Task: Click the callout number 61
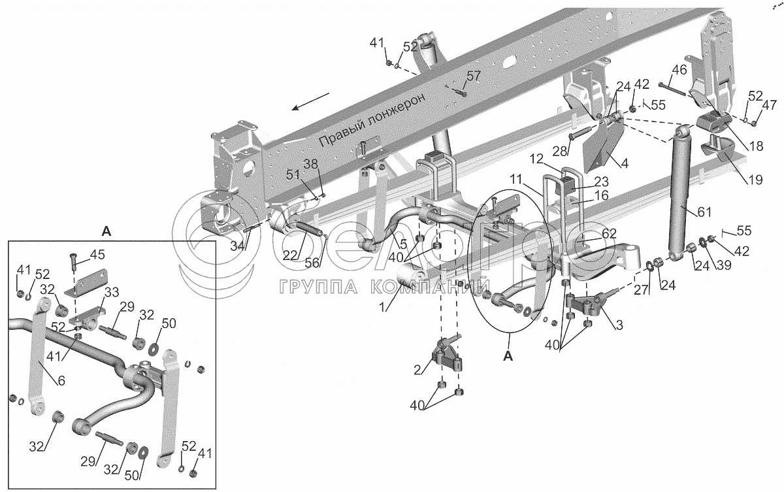point(704,212)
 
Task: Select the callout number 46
point(679,70)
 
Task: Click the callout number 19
point(756,180)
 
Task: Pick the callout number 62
point(609,233)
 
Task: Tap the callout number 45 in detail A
point(97,255)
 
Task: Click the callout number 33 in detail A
point(112,292)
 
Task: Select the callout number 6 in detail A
point(61,381)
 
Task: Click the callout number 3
point(619,325)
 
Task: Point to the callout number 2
point(417,370)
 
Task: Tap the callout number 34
point(238,246)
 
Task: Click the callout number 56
point(312,263)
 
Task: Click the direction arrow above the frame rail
point(311,101)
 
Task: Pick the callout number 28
point(560,152)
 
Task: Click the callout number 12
point(536,159)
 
